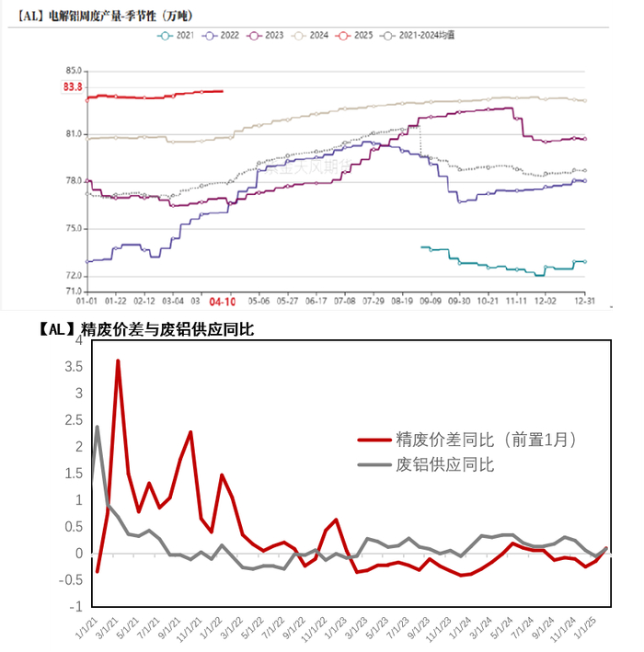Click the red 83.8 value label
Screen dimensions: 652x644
(x=73, y=86)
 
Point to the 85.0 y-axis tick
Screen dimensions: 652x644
(x=74, y=71)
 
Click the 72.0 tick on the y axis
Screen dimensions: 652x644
(x=74, y=276)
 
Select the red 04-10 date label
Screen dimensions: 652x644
(x=223, y=301)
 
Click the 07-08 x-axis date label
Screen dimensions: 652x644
(x=345, y=300)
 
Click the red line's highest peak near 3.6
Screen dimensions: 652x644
(x=118, y=360)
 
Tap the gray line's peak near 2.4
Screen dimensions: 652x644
(x=98, y=426)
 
